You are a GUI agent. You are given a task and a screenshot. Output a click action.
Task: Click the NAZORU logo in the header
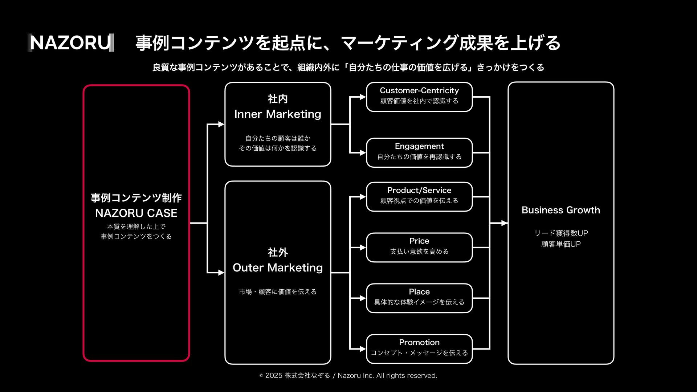pos(71,43)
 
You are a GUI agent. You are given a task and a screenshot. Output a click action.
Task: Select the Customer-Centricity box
pos(419,97)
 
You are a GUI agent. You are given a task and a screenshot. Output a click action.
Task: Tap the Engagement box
pos(419,153)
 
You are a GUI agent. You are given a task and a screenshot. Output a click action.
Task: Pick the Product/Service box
pos(419,197)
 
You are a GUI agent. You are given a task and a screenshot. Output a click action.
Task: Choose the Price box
pos(419,248)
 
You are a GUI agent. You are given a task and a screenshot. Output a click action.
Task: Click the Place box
pos(419,298)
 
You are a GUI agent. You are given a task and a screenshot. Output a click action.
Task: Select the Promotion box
pos(419,349)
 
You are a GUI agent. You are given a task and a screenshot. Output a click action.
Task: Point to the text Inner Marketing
pos(278,114)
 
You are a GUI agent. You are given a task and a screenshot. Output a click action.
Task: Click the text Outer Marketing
pos(278,268)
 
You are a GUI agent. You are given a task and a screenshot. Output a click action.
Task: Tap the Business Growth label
pos(561,210)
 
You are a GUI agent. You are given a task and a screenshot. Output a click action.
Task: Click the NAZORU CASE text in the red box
pos(136,213)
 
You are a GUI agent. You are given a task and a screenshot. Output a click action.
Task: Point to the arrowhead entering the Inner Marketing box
pos(221,124)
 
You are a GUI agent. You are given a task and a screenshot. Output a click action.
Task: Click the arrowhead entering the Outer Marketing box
pos(221,273)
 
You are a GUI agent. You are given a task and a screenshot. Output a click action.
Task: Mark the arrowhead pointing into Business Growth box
pos(504,223)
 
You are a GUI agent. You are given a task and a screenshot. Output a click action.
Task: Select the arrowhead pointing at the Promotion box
pos(363,349)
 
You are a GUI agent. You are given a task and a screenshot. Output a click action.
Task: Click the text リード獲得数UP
pos(561,233)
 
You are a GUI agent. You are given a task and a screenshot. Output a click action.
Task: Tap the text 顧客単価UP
pos(561,244)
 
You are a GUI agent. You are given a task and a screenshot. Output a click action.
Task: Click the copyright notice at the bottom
pos(348,376)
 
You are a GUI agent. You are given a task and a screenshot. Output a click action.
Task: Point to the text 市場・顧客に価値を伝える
pos(278,292)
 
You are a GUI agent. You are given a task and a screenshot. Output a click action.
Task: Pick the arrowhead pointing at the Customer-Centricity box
pos(363,97)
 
